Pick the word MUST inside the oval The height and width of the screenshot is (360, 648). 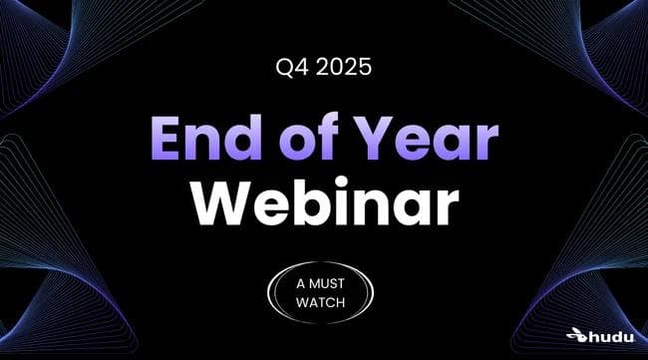[333, 284]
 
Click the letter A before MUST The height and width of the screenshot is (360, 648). [302, 284]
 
